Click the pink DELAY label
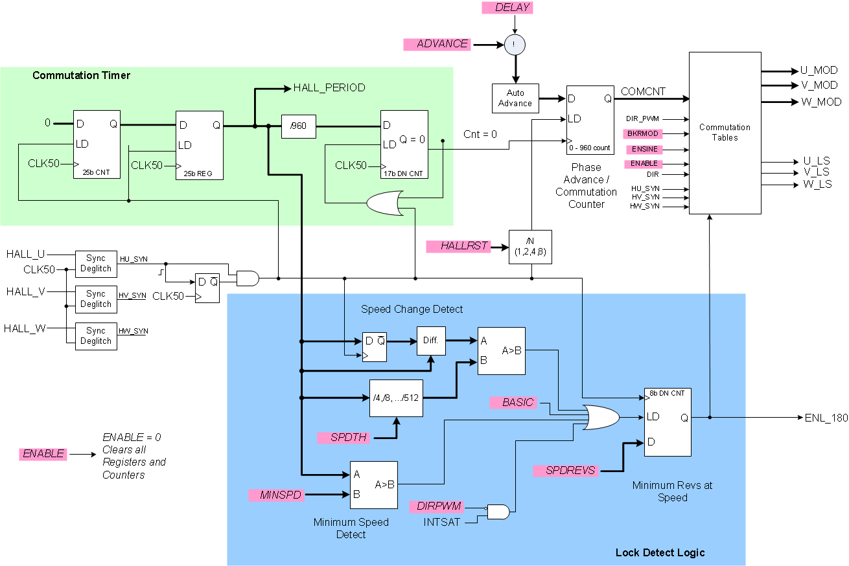(x=514, y=8)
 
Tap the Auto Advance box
(x=515, y=98)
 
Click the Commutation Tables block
(x=725, y=133)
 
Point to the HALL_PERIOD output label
(x=329, y=87)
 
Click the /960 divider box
(x=298, y=126)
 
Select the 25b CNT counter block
(x=97, y=144)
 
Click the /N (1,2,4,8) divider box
(x=530, y=247)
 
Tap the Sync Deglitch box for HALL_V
(x=96, y=299)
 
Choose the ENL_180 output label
(x=826, y=418)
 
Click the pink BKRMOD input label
(x=642, y=133)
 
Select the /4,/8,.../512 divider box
(x=396, y=398)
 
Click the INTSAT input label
(x=442, y=521)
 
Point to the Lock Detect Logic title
(x=659, y=552)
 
